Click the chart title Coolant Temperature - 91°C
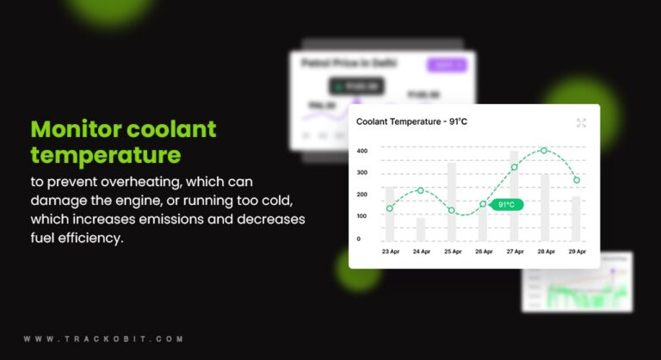click(x=411, y=122)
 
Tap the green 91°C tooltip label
click(x=506, y=205)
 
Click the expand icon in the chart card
click(x=581, y=123)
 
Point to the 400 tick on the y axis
click(x=362, y=152)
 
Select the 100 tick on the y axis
click(x=362, y=216)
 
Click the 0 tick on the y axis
click(x=359, y=239)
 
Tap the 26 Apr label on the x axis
click(x=483, y=251)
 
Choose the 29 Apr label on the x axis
click(x=576, y=251)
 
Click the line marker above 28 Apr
click(x=544, y=151)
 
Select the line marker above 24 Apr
click(x=420, y=190)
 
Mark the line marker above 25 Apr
click(x=451, y=210)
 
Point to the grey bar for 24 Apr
click(x=420, y=229)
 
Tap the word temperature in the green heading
click(x=106, y=155)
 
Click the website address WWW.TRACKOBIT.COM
click(x=103, y=339)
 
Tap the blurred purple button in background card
click(x=447, y=65)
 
